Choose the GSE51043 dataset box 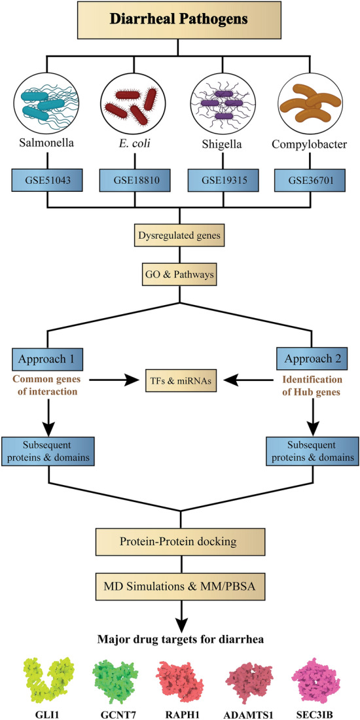click(x=46, y=179)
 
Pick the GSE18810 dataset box click(x=134, y=179)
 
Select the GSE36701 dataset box click(x=311, y=179)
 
